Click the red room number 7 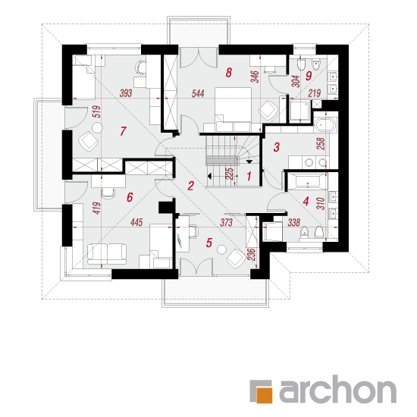[123, 131]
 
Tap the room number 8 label [229, 73]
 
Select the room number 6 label [130, 197]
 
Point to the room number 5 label [209, 243]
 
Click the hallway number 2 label [190, 186]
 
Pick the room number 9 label [309, 76]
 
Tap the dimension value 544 [198, 93]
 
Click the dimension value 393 [126, 93]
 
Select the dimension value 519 [97, 111]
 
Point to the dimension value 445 [136, 222]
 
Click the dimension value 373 [227, 222]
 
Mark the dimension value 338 [294, 222]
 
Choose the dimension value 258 [321, 143]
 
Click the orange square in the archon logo [264, 396]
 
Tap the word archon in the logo [337, 389]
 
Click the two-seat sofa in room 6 [107, 254]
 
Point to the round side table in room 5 [221, 249]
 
